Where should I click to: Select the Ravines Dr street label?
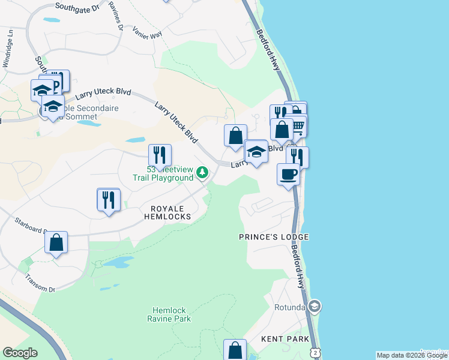pos(117,18)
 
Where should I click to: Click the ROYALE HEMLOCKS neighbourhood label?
pos(167,212)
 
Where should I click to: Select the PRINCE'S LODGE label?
pos(273,237)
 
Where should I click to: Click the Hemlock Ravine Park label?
pos(170,314)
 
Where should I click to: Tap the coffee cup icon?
pos(289,174)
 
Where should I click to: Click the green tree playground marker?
pos(203,173)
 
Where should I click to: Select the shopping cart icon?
pos(298,125)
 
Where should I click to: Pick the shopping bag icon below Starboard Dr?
pos(56,242)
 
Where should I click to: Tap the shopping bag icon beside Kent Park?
pos(235,350)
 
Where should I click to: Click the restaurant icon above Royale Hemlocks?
pos(109,199)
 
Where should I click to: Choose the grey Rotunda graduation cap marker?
pos(315,307)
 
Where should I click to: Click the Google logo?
pos(20,353)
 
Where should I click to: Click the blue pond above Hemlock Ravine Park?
pos(117,263)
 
